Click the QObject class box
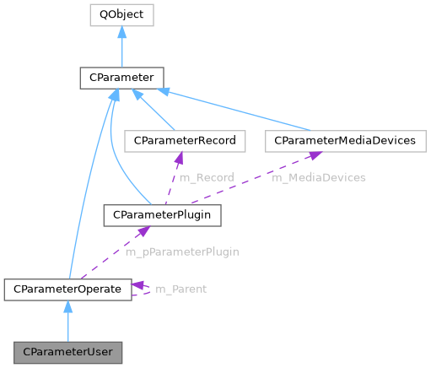click(121, 15)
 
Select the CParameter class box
click(121, 78)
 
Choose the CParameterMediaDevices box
click(344, 140)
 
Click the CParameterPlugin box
click(162, 215)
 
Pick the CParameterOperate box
click(67, 290)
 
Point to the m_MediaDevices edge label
click(318, 177)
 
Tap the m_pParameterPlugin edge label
click(181, 252)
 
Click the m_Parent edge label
click(180, 289)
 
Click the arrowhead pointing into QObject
click(121, 32)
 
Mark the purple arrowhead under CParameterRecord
click(180, 157)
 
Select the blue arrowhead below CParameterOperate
click(67, 306)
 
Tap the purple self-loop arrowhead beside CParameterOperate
click(138, 284)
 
